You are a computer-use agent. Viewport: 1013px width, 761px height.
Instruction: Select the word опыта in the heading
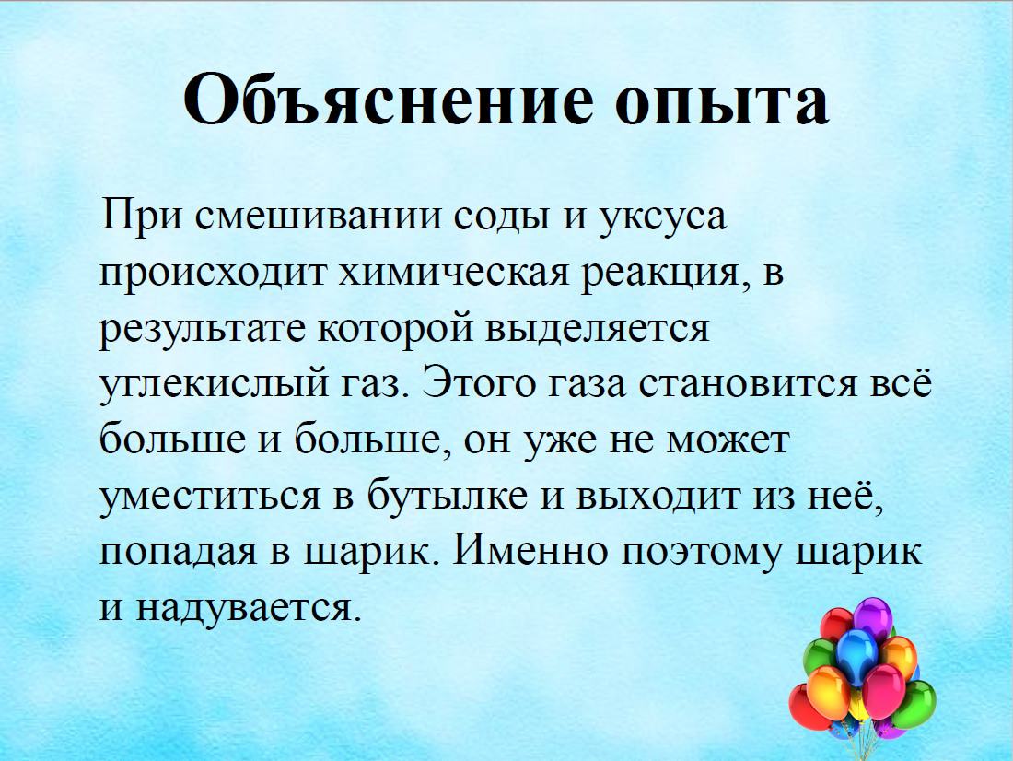click(x=722, y=102)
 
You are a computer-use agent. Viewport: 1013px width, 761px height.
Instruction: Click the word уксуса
click(x=663, y=218)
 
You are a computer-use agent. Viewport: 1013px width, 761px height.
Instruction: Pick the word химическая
click(x=454, y=272)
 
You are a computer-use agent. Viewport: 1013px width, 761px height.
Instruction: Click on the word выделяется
click(x=597, y=329)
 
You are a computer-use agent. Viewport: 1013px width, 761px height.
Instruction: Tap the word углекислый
click(x=214, y=384)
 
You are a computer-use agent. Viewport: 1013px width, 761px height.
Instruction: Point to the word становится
click(x=748, y=385)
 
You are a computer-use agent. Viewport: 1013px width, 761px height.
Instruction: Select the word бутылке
click(x=448, y=496)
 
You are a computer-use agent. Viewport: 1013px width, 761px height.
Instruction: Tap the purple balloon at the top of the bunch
click(x=873, y=617)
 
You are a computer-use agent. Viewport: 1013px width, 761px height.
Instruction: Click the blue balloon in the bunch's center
click(x=856, y=654)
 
